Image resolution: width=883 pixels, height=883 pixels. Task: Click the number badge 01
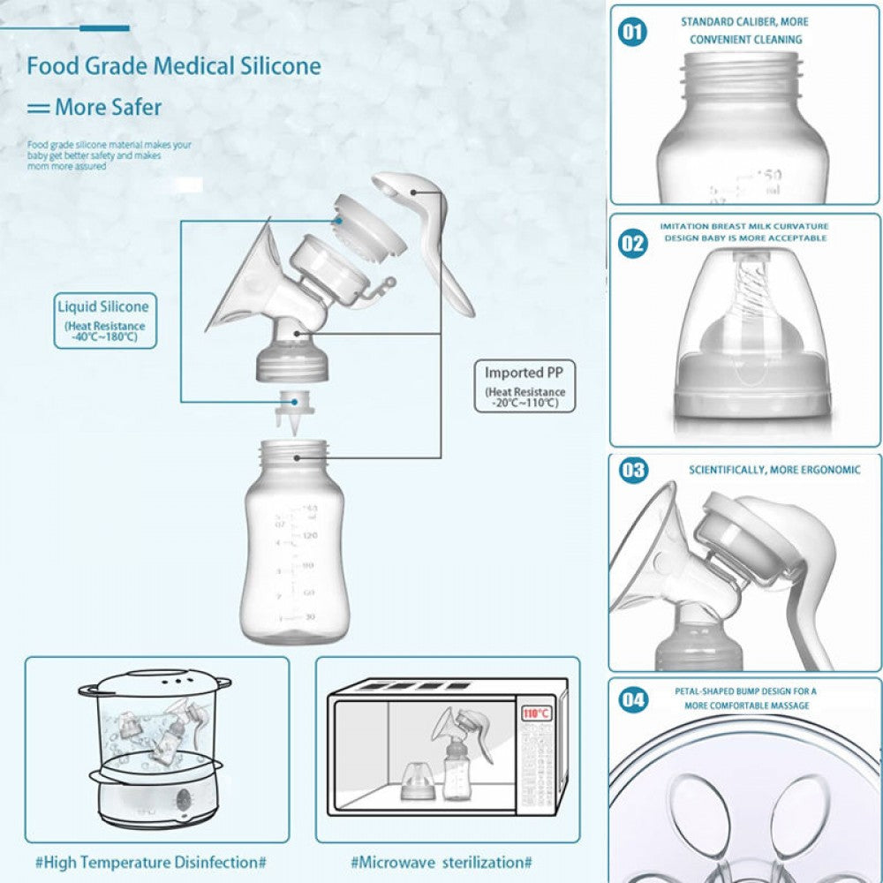[632, 33]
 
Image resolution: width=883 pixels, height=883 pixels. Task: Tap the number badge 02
[632, 243]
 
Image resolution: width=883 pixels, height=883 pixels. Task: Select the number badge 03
[632, 469]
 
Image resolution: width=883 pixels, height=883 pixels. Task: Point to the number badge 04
[632, 700]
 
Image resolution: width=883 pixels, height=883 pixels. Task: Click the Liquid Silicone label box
[105, 320]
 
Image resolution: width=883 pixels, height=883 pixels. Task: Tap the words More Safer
[108, 108]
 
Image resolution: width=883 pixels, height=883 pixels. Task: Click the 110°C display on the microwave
[535, 713]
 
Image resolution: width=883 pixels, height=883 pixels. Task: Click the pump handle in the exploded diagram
[433, 238]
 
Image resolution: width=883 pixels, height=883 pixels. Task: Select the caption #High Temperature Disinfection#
[150, 861]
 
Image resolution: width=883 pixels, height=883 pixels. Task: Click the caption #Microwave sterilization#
[441, 861]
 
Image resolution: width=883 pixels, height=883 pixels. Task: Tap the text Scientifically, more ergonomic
[774, 470]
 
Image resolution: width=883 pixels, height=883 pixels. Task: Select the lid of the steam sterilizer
[155, 681]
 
